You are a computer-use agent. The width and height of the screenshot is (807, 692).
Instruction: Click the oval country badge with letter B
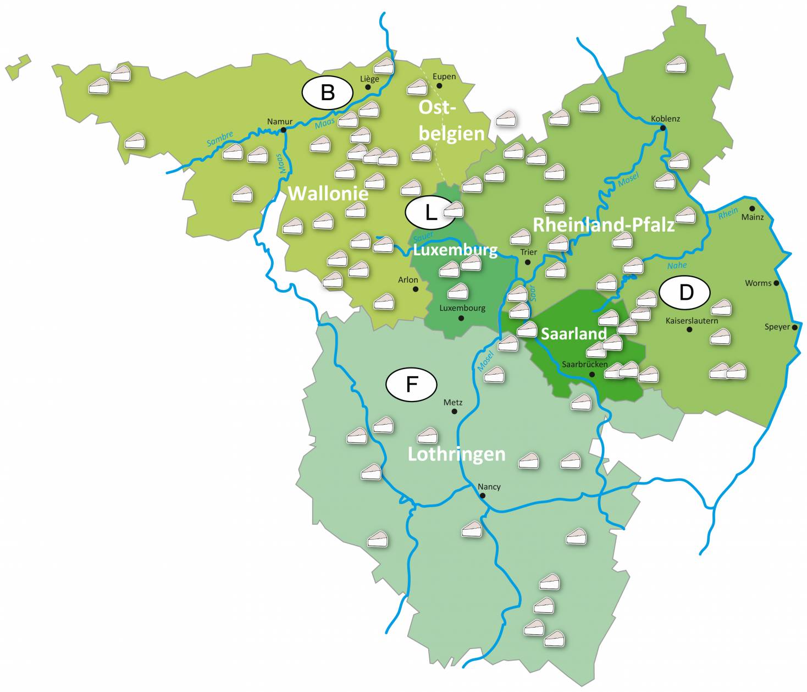(x=327, y=92)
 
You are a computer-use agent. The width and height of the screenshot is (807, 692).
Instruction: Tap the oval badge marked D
(x=685, y=292)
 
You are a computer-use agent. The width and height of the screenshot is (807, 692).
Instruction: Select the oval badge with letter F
(x=411, y=384)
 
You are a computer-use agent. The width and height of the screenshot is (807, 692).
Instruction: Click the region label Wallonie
(x=328, y=194)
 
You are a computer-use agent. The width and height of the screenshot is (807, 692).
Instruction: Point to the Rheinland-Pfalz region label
(x=604, y=224)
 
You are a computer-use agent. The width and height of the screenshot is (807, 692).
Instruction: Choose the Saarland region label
(x=574, y=334)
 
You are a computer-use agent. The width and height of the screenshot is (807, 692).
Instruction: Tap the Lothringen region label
(x=456, y=454)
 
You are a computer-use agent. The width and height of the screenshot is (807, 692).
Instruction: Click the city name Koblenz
(x=665, y=118)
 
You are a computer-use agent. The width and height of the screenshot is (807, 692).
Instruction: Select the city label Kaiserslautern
(x=692, y=320)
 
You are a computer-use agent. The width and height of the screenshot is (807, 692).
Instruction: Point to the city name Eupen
(x=444, y=76)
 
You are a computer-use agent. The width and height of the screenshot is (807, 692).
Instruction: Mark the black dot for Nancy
(x=483, y=496)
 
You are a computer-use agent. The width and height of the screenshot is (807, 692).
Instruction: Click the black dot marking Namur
(x=283, y=130)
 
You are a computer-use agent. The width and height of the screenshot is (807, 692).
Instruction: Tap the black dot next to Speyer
(x=794, y=327)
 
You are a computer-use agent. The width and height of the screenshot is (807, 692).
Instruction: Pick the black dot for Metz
(x=454, y=411)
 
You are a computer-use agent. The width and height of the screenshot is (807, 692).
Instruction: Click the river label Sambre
(x=220, y=139)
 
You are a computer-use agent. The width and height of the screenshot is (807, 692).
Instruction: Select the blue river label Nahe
(x=677, y=266)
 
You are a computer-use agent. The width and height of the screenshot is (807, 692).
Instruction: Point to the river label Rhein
(x=728, y=213)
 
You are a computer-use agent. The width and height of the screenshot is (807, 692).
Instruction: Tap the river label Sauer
(x=423, y=237)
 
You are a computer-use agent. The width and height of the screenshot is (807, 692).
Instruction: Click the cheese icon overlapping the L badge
(x=454, y=210)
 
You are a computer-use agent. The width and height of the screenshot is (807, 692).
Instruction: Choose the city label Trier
(x=528, y=252)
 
